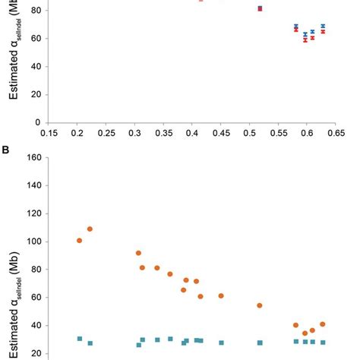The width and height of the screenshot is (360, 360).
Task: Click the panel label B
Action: coord(5,149)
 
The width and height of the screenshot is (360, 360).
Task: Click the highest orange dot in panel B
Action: coord(90,229)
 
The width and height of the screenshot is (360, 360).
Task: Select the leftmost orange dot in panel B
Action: coord(79,241)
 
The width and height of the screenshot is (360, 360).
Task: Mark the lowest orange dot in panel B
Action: coord(305,333)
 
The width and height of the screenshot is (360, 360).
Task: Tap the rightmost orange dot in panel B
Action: coord(323,324)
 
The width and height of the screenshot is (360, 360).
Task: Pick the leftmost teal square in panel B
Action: coord(79,339)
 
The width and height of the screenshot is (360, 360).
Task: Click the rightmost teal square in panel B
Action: coord(323,343)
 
